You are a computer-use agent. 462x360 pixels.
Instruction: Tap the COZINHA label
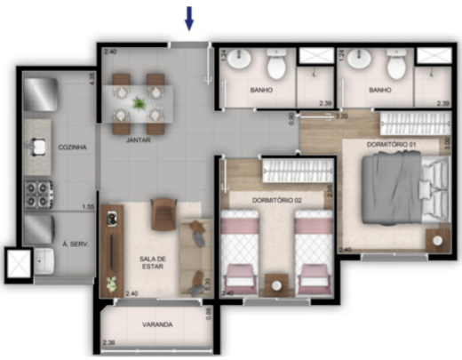coord(72,148)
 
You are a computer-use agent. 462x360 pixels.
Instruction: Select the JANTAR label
coord(137,140)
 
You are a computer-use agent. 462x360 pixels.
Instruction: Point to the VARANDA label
coord(156,324)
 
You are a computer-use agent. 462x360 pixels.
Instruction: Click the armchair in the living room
coord(164,213)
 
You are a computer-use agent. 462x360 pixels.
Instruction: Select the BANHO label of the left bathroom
coord(260,90)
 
